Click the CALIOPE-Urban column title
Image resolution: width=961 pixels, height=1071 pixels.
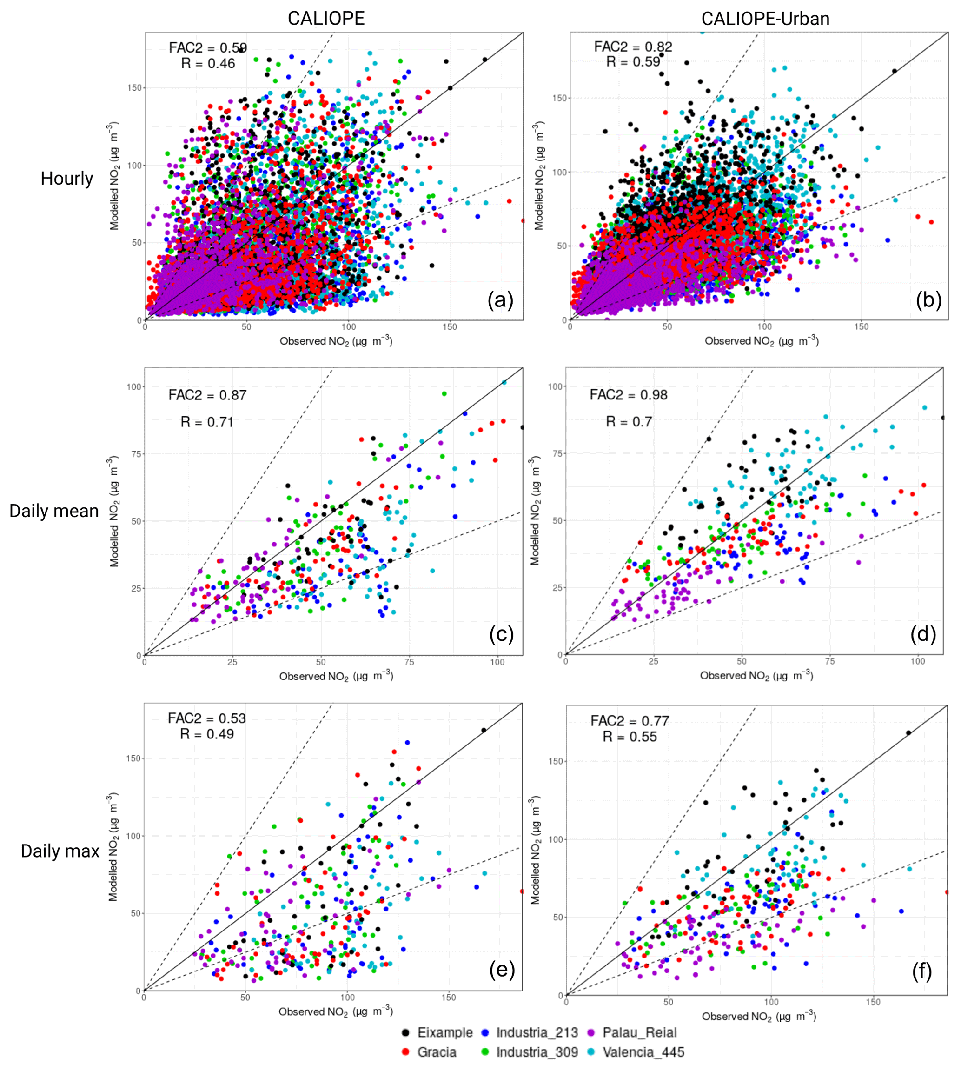[x=765, y=19]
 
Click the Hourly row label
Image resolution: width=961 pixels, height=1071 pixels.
[x=66, y=179]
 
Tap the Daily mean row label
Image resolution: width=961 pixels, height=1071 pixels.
[x=54, y=511]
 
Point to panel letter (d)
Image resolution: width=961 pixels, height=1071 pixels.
[x=922, y=634]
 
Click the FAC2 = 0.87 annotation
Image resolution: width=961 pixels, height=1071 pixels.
[x=207, y=395]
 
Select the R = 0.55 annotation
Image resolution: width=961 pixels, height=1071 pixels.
[x=630, y=737]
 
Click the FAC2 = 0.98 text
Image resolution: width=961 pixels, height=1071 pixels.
[x=629, y=394]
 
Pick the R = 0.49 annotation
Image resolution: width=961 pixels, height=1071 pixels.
[x=206, y=734]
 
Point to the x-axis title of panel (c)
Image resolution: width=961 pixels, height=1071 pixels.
[x=336, y=676]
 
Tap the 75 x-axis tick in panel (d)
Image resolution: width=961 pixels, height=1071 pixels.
[x=829, y=661]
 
